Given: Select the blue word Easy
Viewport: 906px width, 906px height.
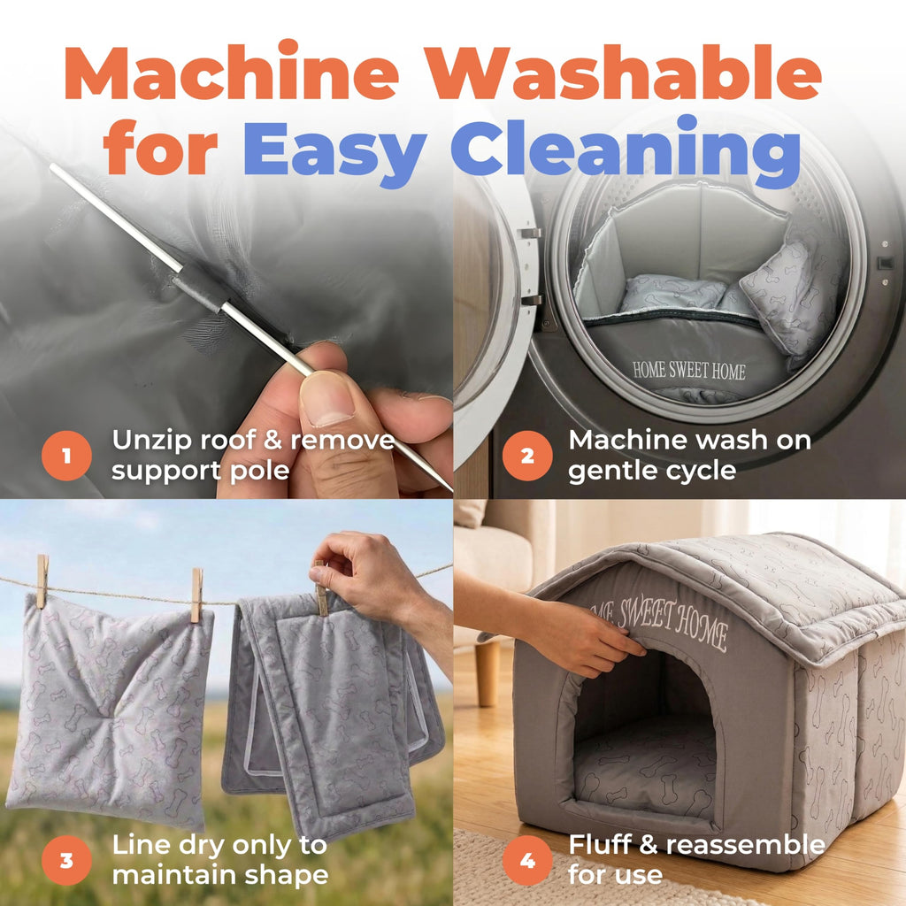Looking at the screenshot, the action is (x=334, y=151).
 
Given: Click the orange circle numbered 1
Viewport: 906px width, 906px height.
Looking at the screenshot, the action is (x=66, y=456).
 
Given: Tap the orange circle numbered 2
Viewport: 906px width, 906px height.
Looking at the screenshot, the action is (x=527, y=456).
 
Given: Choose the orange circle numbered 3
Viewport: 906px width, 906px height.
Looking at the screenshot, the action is (x=66, y=860).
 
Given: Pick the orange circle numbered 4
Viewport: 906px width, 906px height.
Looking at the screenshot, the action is (x=527, y=860).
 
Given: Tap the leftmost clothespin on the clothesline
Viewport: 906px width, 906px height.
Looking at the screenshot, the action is (x=42, y=581).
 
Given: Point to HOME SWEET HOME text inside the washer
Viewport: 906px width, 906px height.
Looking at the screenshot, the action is (x=688, y=371).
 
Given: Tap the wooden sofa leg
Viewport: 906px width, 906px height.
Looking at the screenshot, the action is (x=488, y=673).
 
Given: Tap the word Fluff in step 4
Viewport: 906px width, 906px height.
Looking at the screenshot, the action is (x=599, y=845).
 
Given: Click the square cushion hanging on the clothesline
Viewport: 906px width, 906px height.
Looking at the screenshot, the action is (x=110, y=710).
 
